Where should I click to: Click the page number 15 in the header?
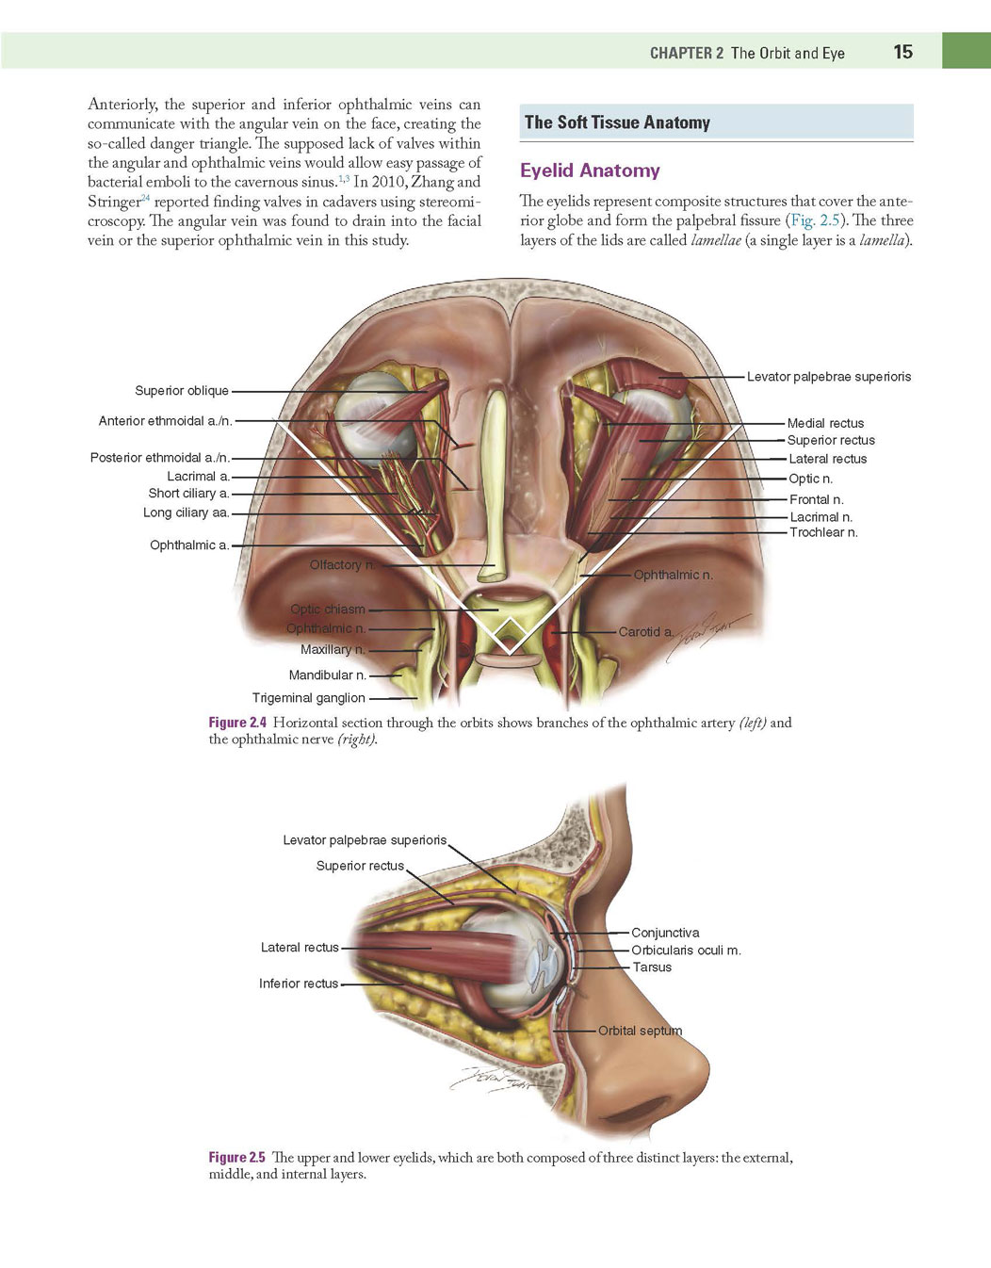click(x=903, y=52)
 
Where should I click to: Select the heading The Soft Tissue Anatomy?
click(x=617, y=122)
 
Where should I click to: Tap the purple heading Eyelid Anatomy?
click(x=590, y=171)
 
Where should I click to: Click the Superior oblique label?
click(x=182, y=390)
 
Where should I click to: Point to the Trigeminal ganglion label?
click(x=309, y=698)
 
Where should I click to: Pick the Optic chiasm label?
click(x=328, y=610)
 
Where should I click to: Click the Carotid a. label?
click(x=646, y=632)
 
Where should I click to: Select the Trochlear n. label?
click(x=823, y=532)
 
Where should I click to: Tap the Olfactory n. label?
click(x=343, y=565)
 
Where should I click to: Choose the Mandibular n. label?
click(x=328, y=675)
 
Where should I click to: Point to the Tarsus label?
click(x=652, y=967)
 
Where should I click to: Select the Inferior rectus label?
click(x=299, y=984)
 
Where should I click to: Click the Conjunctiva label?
click(x=665, y=933)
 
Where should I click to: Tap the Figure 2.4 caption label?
click(x=237, y=723)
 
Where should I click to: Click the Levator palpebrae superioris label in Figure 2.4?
click(x=829, y=377)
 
